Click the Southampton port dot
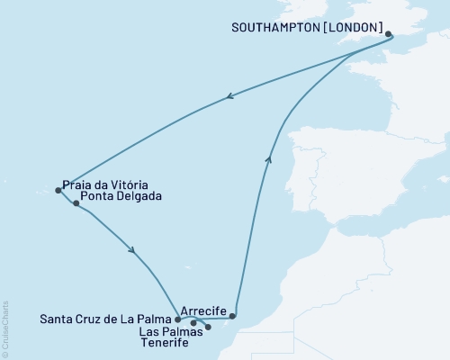[389, 35]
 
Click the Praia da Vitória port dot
[58, 190]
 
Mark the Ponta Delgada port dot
[76, 203]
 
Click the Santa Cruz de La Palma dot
[177, 319]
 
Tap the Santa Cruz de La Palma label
[107, 319]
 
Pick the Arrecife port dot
[233, 316]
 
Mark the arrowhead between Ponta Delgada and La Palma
[134, 251]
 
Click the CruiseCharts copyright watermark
[5, 329]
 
